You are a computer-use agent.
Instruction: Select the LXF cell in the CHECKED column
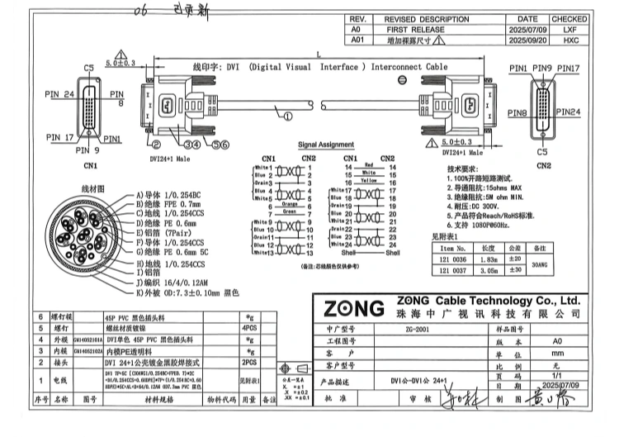click(x=569, y=28)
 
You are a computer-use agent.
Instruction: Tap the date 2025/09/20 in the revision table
click(x=526, y=39)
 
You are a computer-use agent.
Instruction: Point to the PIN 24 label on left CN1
click(x=60, y=94)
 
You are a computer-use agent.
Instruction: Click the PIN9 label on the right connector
click(x=542, y=68)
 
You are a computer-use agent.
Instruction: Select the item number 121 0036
click(x=459, y=259)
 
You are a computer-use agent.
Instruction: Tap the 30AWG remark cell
click(x=540, y=264)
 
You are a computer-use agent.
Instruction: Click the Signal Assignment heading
click(x=325, y=144)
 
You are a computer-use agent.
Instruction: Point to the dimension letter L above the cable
click(x=319, y=52)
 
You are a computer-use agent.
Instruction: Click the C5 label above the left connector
click(x=89, y=68)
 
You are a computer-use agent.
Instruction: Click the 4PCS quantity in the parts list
click(x=247, y=327)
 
